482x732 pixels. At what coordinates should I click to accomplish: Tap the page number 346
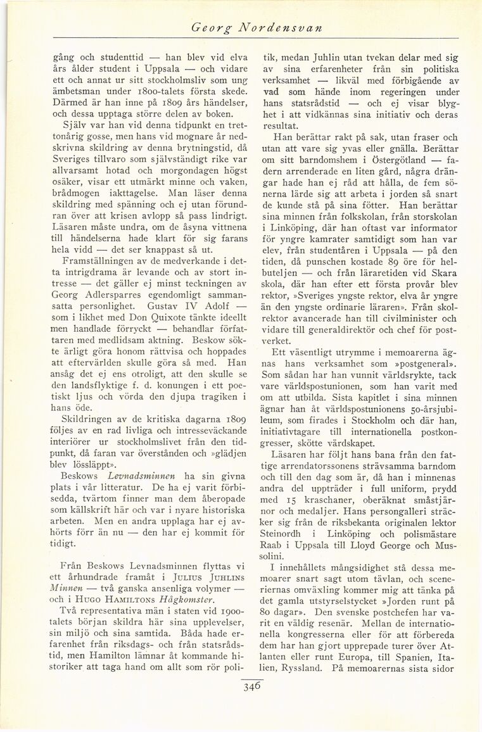coord(251,686)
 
